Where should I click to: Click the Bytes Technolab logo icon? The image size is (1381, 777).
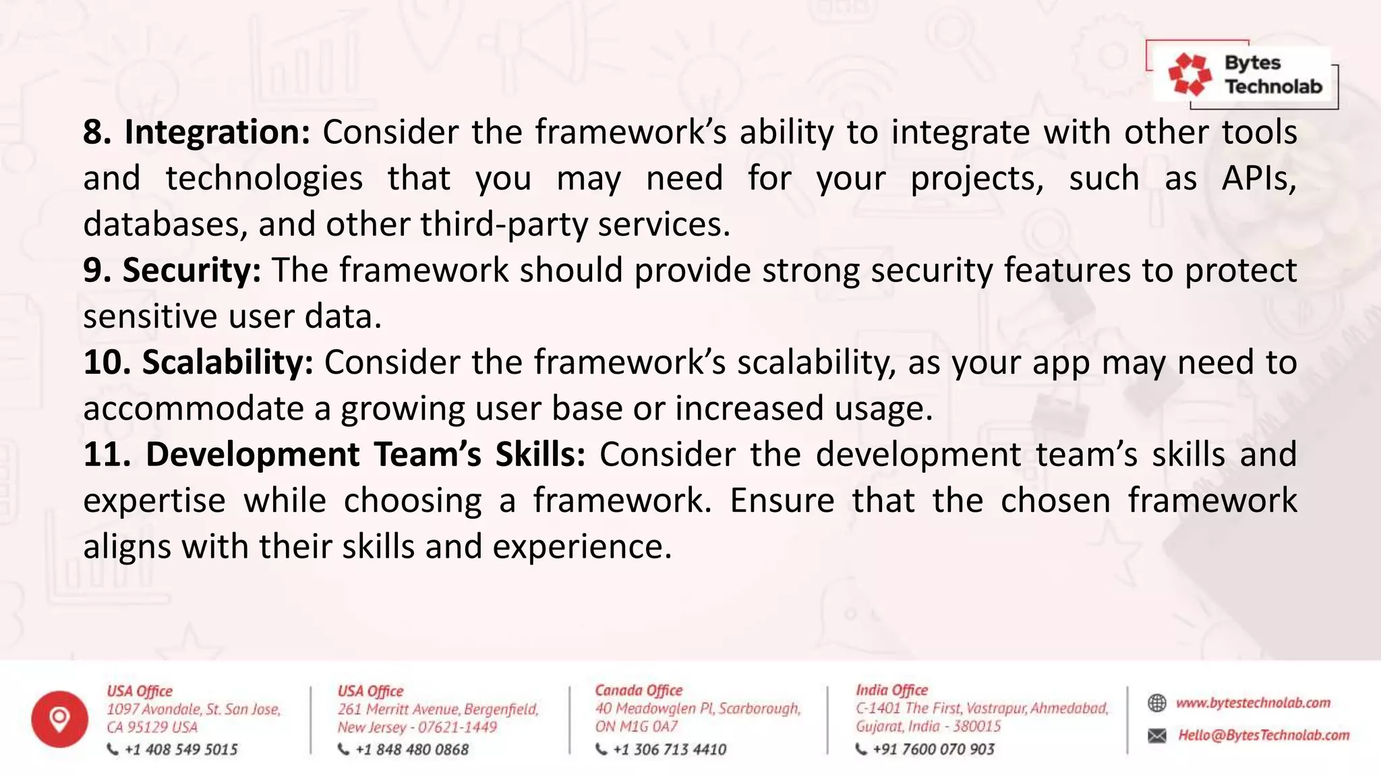coord(1189,74)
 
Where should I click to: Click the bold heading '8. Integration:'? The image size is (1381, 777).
coord(196,132)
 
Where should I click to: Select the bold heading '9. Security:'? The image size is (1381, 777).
coord(172,270)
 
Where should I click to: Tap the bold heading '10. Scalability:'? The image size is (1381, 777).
coord(198,363)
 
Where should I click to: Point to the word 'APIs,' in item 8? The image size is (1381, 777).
coord(1258,179)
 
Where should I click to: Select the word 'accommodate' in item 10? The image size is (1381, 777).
coord(192,409)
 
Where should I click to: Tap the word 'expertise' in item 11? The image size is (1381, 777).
coord(154,501)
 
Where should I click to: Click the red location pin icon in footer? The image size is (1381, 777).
coord(59,719)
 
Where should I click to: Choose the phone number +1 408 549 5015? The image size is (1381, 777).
coord(181,749)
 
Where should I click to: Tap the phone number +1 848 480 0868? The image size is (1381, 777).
coord(411,749)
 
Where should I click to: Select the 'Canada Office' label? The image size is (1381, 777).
coord(638,691)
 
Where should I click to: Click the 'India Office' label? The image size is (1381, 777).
coord(891,691)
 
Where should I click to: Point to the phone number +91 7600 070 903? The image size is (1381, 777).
coord(933,749)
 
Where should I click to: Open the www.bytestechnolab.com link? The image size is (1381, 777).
coord(1253,703)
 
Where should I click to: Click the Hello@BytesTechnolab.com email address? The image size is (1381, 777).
coord(1263,735)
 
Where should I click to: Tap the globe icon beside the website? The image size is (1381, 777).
coord(1156,703)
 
